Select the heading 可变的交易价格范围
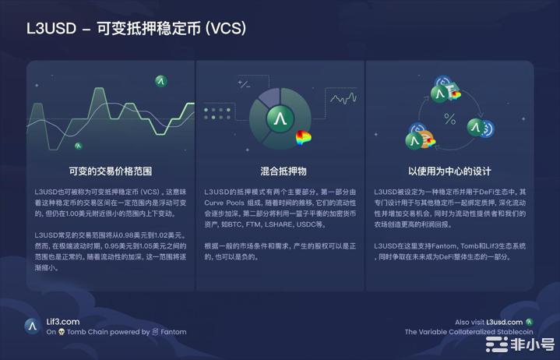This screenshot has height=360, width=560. [x=110, y=170]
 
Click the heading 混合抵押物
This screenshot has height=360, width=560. [x=280, y=170]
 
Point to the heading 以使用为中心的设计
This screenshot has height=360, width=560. [x=449, y=170]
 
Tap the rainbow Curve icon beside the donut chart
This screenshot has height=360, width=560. [x=304, y=139]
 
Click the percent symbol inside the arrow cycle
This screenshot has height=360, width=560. [x=449, y=118]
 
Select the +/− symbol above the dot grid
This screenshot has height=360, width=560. [x=244, y=84]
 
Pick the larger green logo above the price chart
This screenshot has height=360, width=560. [x=161, y=80]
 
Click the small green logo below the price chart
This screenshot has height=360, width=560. [x=79, y=146]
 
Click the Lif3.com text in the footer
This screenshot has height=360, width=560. [x=63, y=321]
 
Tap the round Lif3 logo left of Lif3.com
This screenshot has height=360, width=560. [x=32, y=326]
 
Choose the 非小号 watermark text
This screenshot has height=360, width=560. [x=531, y=343]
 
